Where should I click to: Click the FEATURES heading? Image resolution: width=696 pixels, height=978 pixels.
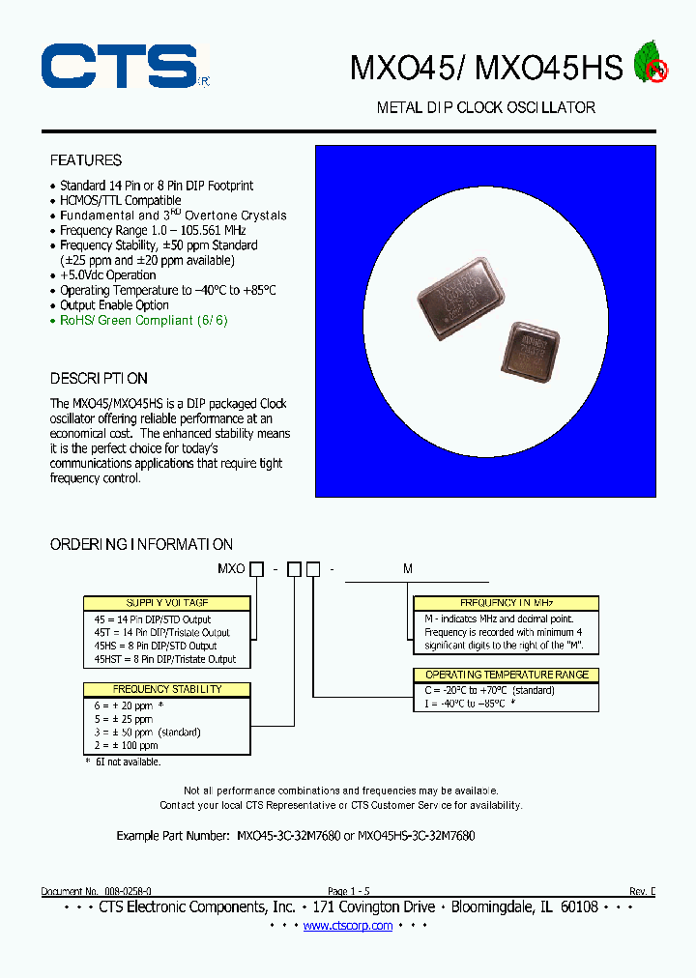(x=86, y=160)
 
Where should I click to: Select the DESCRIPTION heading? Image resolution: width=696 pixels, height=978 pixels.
(x=99, y=378)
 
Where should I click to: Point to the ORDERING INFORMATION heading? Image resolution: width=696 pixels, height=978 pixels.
(x=141, y=544)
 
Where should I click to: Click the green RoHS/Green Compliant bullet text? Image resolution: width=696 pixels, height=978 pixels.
(x=143, y=320)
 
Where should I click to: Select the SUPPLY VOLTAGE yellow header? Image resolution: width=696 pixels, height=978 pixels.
(x=166, y=603)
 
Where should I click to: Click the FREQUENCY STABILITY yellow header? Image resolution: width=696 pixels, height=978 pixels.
(x=166, y=689)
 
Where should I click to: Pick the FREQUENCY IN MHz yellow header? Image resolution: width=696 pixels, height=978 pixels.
(x=506, y=603)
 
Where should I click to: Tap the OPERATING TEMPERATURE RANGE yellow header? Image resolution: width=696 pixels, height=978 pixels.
(x=506, y=675)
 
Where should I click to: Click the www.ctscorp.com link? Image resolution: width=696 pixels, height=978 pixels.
(x=348, y=926)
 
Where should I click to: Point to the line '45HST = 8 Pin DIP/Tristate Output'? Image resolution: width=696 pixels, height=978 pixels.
(x=165, y=659)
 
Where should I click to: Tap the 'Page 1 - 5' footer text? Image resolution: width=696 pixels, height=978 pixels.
(x=348, y=891)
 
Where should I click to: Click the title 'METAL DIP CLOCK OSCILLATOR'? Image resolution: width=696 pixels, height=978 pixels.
(x=485, y=107)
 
